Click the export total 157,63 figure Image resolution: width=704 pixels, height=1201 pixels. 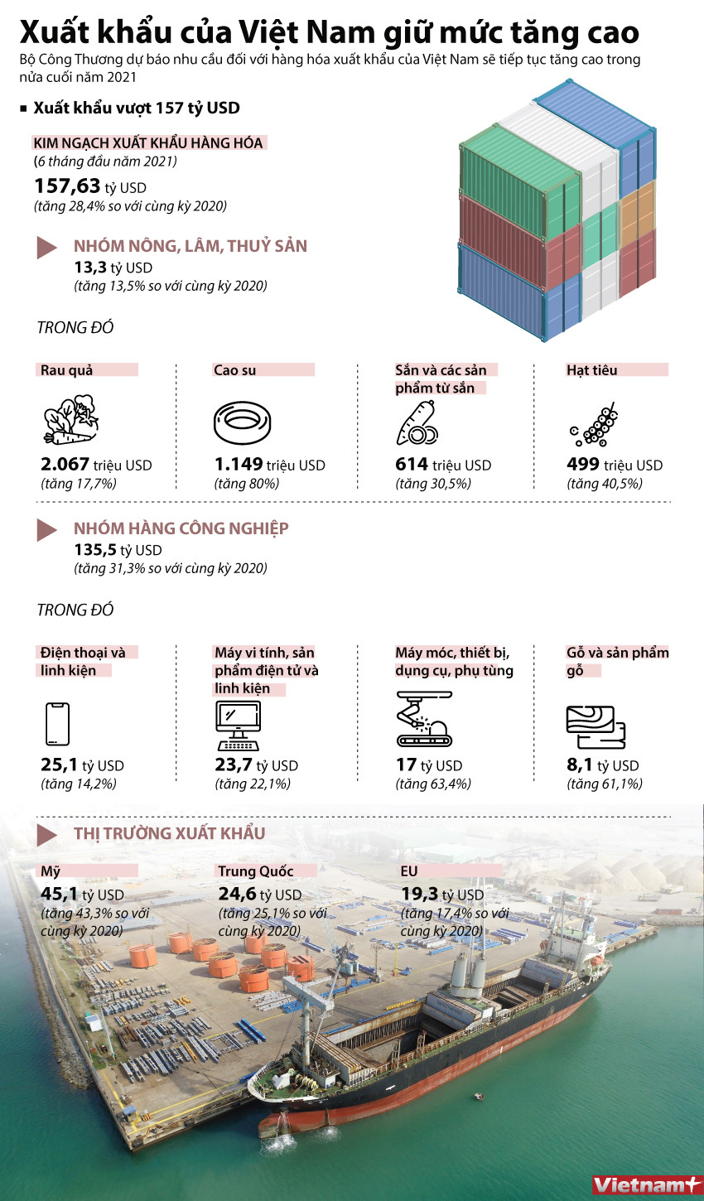(x=67, y=186)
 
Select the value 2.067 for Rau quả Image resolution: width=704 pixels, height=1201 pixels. (x=65, y=465)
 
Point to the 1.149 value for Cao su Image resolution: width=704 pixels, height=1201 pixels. (x=239, y=465)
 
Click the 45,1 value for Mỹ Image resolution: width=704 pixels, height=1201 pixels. (x=59, y=894)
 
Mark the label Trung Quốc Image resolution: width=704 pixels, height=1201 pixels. (x=256, y=871)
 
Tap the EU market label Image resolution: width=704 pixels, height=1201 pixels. (x=409, y=871)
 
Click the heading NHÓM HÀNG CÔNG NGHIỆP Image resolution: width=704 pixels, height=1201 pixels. (x=181, y=528)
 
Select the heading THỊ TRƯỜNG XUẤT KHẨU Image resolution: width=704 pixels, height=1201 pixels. (x=169, y=833)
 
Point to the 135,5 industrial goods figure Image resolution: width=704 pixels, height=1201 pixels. (x=95, y=550)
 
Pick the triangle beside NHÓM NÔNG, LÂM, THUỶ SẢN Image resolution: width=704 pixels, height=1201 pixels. (x=46, y=247)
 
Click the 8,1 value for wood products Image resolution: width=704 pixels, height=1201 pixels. (x=580, y=765)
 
